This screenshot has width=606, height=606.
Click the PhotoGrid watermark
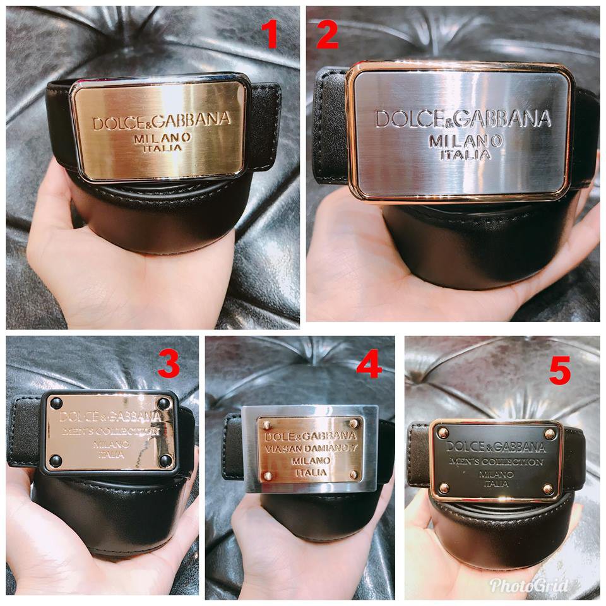tap(529, 585)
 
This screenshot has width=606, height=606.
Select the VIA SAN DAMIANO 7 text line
tap(310, 449)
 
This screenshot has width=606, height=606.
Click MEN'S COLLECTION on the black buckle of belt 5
tap(497, 462)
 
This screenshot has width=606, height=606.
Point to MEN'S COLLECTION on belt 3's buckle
tap(110, 432)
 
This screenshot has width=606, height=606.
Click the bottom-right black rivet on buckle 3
tap(165, 461)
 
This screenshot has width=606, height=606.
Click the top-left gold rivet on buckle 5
tap(443, 433)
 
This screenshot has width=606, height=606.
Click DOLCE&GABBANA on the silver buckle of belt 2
tap(463, 119)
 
